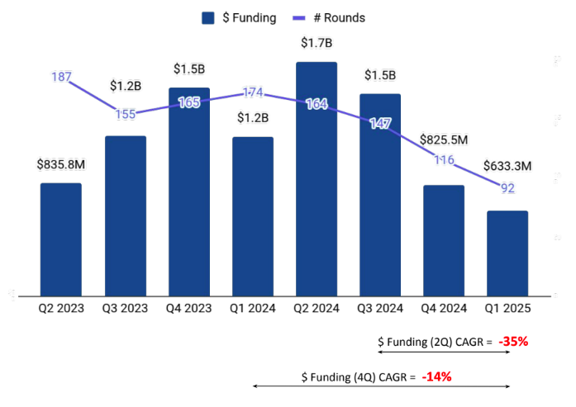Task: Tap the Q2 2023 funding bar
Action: pos(61,239)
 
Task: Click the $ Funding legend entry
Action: pos(239,17)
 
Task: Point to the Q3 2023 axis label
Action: pos(125,308)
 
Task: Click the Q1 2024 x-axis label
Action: pos(253,308)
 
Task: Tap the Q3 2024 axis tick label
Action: pos(380,308)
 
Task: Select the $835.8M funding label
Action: pos(61,164)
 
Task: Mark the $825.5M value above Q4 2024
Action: pos(444,140)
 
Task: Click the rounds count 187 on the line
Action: pos(61,77)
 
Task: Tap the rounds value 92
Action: pos(507,188)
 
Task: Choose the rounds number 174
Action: pos(253,93)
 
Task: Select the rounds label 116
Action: pos(444,159)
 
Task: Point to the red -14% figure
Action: pos(436,376)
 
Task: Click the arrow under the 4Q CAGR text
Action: pos(381,386)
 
